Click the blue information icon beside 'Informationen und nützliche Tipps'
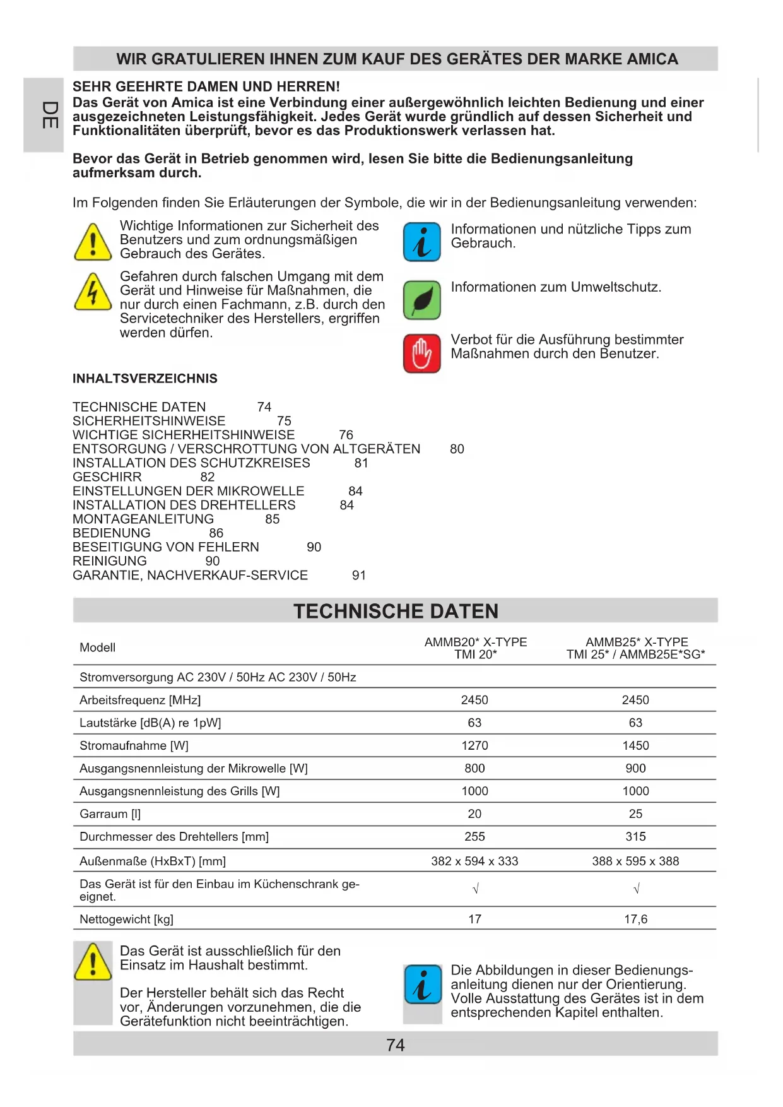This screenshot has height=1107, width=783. [x=421, y=242]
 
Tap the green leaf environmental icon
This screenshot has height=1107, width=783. [x=421, y=300]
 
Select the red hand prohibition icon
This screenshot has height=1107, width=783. [x=421, y=353]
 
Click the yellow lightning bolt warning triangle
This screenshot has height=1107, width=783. [x=93, y=292]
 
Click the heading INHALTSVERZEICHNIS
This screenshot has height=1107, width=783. [x=144, y=379]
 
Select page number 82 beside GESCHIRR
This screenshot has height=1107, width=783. [x=207, y=477]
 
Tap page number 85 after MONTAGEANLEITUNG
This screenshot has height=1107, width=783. [x=272, y=519]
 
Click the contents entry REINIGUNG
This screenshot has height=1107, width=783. [x=109, y=561]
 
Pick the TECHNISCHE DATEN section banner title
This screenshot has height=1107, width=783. [x=396, y=611]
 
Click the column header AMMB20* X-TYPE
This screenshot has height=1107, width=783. [x=475, y=642]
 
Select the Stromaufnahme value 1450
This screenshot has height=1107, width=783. [x=635, y=745]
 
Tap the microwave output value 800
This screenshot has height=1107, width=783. [x=474, y=768]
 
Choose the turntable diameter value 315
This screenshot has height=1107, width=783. [x=635, y=836]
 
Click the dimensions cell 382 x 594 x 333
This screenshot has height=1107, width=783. [x=474, y=861]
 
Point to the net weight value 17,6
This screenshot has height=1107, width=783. [x=635, y=919]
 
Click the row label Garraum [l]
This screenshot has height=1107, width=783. [x=110, y=814]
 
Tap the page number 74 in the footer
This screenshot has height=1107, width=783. [x=395, y=1045]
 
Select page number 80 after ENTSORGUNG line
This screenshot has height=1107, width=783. [x=457, y=449]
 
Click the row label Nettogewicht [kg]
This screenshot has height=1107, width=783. [x=126, y=919]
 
